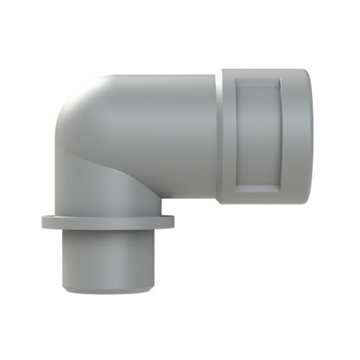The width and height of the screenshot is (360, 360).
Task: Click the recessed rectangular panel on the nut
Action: [x=257, y=135]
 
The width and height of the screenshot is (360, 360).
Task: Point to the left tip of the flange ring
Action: [x=43, y=222]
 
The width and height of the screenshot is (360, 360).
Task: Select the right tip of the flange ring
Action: [x=173, y=222]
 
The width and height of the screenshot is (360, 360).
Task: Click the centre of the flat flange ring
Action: [x=108, y=222]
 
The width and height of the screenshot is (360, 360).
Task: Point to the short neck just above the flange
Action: [x=108, y=207]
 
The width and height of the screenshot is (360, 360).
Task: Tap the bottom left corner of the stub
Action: [x=65, y=289]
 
